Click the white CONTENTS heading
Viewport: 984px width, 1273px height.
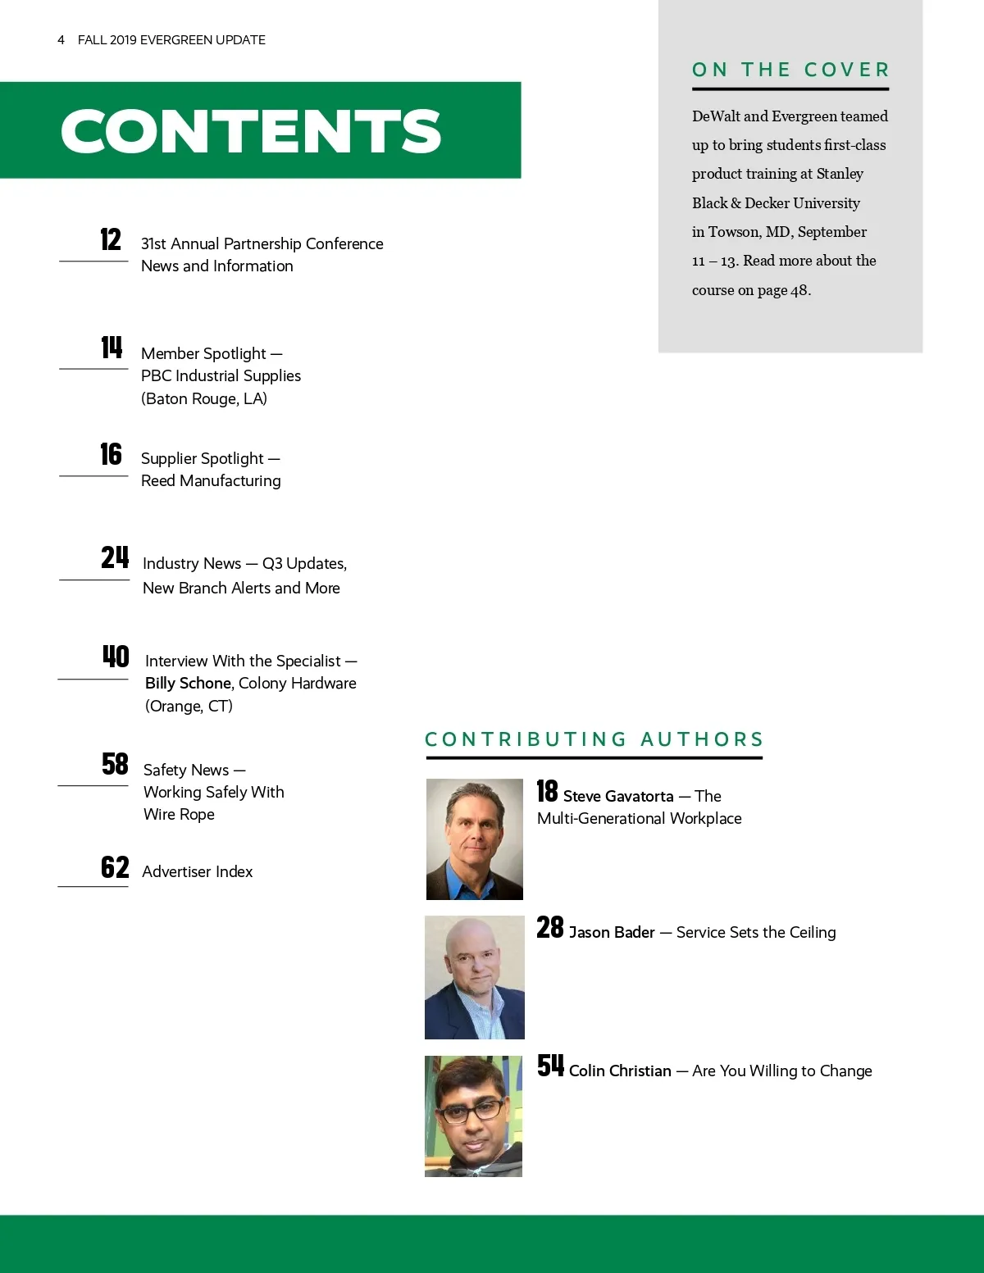[x=251, y=131]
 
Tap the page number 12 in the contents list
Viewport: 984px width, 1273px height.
[x=111, y=239]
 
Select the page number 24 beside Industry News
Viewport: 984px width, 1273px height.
[x=115, y=557]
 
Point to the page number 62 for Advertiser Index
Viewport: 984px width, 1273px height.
[x=115, y=867]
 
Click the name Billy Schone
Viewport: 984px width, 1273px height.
[x=188, y=683]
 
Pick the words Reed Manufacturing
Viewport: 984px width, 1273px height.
[x=211, y=480]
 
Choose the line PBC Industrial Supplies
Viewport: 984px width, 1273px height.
[x=221, y=375]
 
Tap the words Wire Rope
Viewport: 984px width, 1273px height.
[x=179, y=814]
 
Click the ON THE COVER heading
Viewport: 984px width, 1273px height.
[x=790, y=70]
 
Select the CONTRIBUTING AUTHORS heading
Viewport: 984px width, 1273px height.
[x=594, y=739]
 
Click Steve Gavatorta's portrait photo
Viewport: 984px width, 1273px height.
[x=474, y=839]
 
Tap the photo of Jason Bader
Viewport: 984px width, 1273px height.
[x=474, y=977]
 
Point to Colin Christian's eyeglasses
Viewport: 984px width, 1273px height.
[x=470, y=1111]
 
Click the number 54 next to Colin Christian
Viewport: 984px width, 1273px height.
[x=550, y=1066]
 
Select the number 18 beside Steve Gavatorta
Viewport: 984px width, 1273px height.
[x=547, y=791]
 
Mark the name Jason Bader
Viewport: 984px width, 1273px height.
[x=612, y=932]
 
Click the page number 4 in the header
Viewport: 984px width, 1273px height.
[x=61, y=39]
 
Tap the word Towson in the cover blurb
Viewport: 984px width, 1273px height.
[x=734, y=232]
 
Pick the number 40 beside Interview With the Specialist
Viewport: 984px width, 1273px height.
[x=116, y=657]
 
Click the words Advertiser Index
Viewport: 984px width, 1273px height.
[x=197, y=871]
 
